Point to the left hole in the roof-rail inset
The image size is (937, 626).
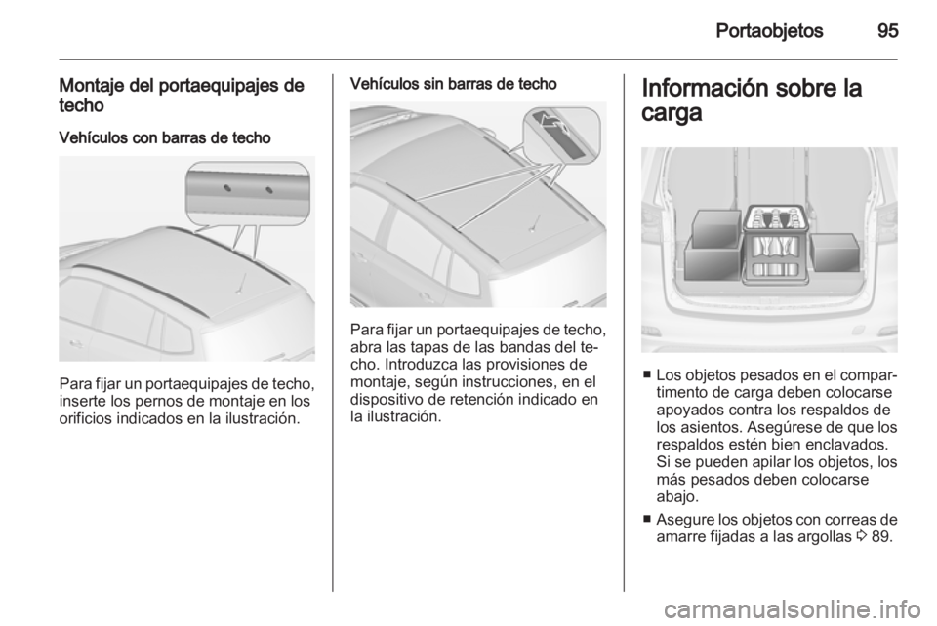pyautogui.click(x=227, y=189)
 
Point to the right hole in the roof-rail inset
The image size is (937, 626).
pyautogui.click(x=269, y=190)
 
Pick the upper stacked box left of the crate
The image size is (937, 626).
pyautogui.click(x=714, y=229)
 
